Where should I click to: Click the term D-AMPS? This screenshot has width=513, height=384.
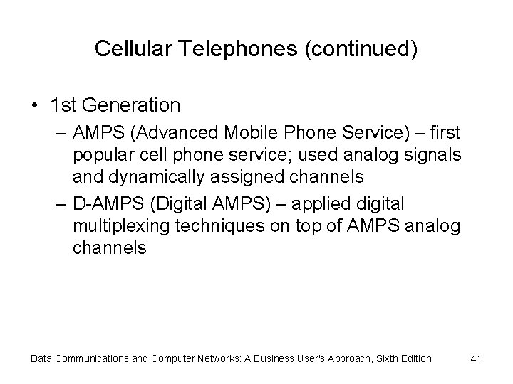(x=101, y=204)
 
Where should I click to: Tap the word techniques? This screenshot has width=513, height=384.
(x=217, y=227)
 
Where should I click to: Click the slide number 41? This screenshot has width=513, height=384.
(x=476, y=358)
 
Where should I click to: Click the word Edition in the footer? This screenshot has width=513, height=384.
(x=413, y=358)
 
